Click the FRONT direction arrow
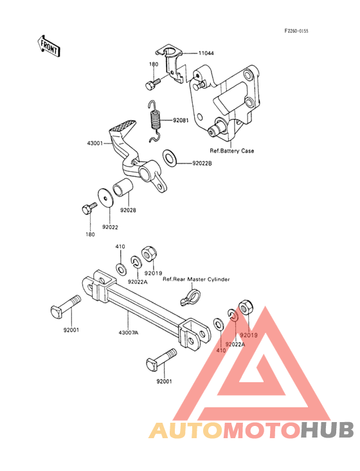(49, 46)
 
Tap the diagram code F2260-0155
(296, 31)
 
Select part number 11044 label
(206, 53)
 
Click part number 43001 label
(95, 143)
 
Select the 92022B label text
(203, 163)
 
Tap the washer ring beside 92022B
(170, 158)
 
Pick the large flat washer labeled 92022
(105, 198)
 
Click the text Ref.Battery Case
(232, 151)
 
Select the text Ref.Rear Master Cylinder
(196, 279)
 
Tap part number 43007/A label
(129, 333)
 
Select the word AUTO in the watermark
(186, 430)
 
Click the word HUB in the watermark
(327, 430)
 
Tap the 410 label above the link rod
(120, 246)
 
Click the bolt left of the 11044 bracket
(152, 83)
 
